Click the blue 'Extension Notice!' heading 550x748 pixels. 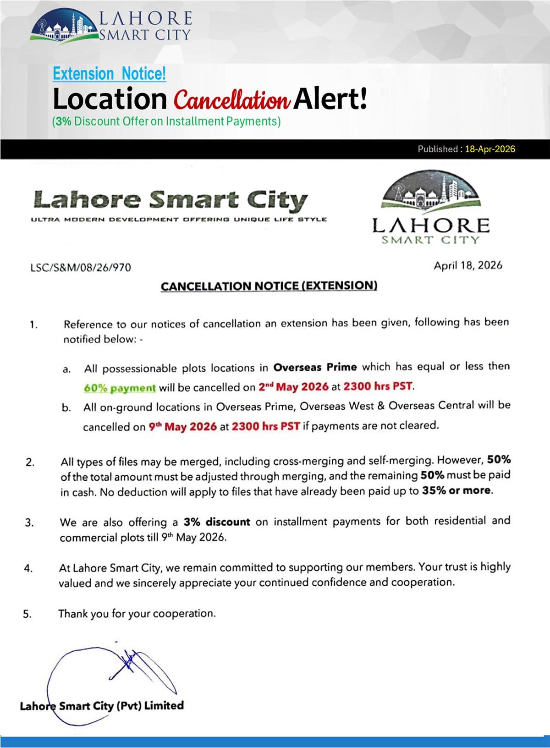(x=109, y=74)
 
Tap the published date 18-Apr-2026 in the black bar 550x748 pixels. (x=490, y=149)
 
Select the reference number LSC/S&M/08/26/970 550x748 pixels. (x=81, y=267)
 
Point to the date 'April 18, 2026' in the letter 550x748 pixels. (x=468, y=265)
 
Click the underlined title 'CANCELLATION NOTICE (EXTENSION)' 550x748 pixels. (x=269, y=286)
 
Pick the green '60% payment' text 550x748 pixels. (x=120, y=388)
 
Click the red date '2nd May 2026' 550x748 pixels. (x=293, y=386)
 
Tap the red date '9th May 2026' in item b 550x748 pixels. (x=183, y=427)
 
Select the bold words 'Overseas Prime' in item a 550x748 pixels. (x=315, y=368)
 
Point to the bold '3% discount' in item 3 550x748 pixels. (x=217, y=522)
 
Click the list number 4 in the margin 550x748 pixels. (x=28, y=569)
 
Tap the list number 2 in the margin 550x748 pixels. (x=30, y=462)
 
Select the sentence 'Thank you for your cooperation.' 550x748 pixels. (x=137, y=614)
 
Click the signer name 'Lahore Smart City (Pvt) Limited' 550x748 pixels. (x=102, y=706)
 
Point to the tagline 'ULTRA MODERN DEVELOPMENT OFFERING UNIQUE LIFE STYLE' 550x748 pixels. (x=179, y=220)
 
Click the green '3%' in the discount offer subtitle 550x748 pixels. (x=63, y=121)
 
